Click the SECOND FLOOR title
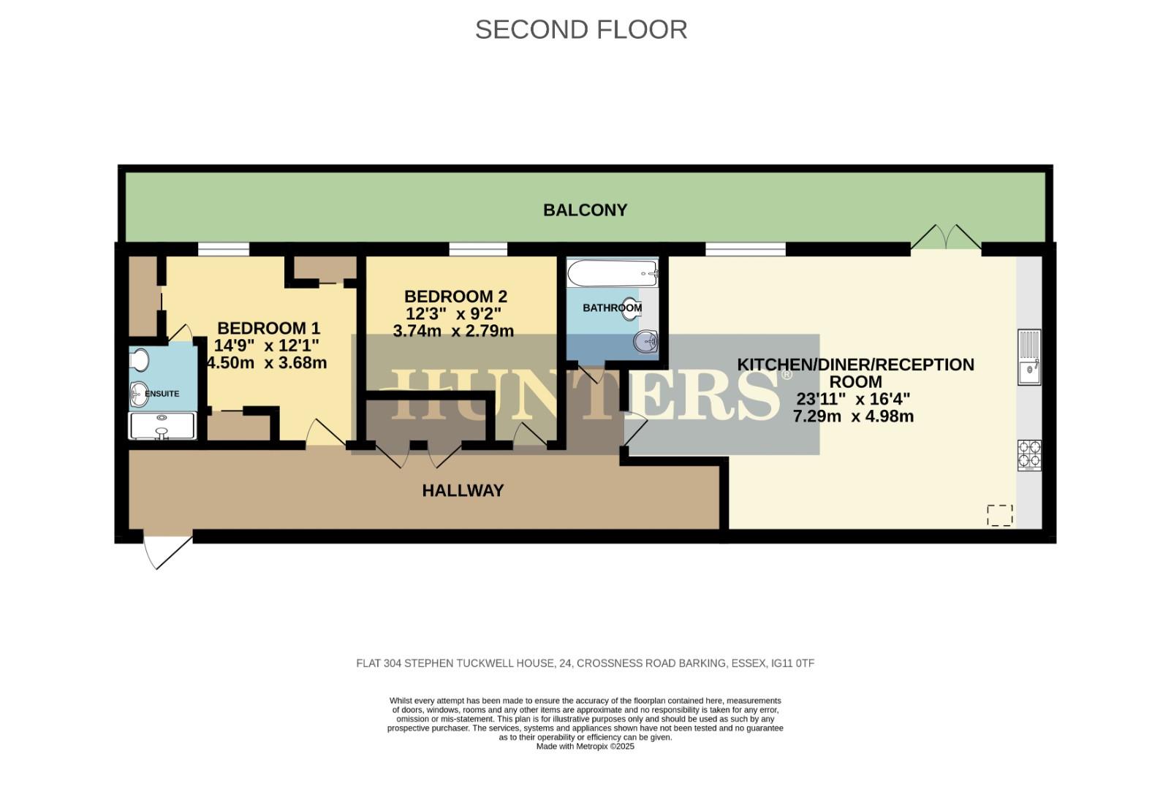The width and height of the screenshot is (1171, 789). point(581,30)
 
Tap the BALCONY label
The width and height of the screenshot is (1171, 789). point(585,210)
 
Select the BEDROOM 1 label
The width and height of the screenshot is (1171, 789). point(268,328)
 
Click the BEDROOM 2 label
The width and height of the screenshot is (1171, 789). point(455,297)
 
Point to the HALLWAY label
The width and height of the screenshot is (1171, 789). point(463,491)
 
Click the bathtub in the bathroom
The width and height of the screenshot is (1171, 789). point(613,274)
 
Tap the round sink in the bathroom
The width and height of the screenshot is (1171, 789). point(646,340)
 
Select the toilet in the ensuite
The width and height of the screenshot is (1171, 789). point(139,360)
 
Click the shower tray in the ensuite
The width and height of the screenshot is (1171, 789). point(162,426)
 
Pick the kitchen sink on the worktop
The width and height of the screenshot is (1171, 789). point(1029,357)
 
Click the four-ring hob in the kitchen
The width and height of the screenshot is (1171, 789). point(1029,454)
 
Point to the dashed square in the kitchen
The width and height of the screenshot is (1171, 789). point(999,515)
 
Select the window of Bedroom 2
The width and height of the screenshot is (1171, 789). point(478,250)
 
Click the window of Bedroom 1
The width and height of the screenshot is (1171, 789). point(223,250)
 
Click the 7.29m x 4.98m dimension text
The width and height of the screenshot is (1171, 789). point(853,417)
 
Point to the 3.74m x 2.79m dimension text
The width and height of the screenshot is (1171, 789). point(453,331)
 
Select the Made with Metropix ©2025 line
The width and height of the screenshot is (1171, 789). point(585,747)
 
